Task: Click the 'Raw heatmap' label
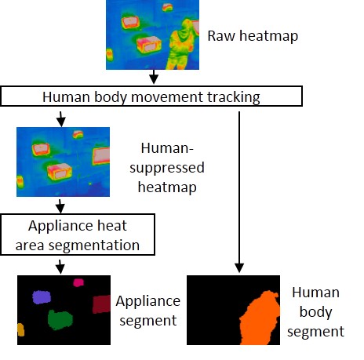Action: [253, 36]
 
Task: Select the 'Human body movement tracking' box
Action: [151, 96]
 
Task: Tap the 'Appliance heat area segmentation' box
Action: [78, 235]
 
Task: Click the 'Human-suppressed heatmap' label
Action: [167, 168]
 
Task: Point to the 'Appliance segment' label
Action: [148, 311]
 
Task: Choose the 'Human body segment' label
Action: [315, 312]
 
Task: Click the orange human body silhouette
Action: [260, 319]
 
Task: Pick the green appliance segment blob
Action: [60, 319]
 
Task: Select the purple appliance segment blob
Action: [42, 297]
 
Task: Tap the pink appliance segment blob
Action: [78, 282]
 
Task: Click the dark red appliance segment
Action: [101, 304]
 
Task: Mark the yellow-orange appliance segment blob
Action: [20, 329]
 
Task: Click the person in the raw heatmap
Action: [181, 45]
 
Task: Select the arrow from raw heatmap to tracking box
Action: [154, 77]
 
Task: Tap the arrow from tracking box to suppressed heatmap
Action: [61, 119]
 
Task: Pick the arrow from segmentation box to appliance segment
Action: [60, 267]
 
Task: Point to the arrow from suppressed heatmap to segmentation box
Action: [60, 206]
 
